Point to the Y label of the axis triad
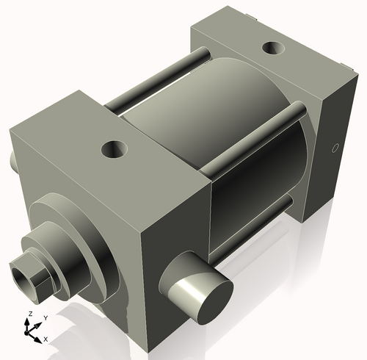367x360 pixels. click(45, 317)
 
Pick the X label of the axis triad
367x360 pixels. click(46, 339)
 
